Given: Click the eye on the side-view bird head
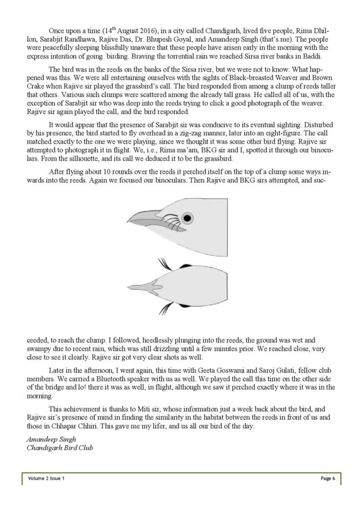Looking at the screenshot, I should point(187,217).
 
